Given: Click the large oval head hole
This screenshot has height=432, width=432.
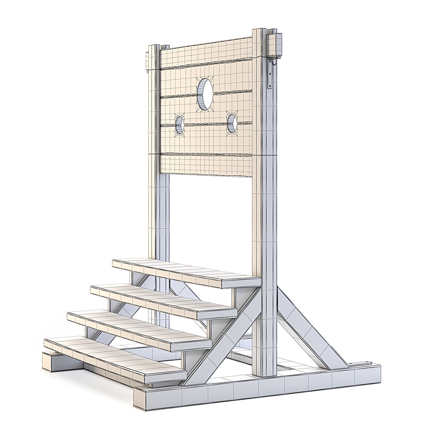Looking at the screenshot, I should click(x=205, y=94).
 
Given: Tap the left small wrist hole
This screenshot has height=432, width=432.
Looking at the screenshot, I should click(x=180, y=124).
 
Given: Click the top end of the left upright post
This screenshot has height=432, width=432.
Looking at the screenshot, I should click(x=154, y=48).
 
